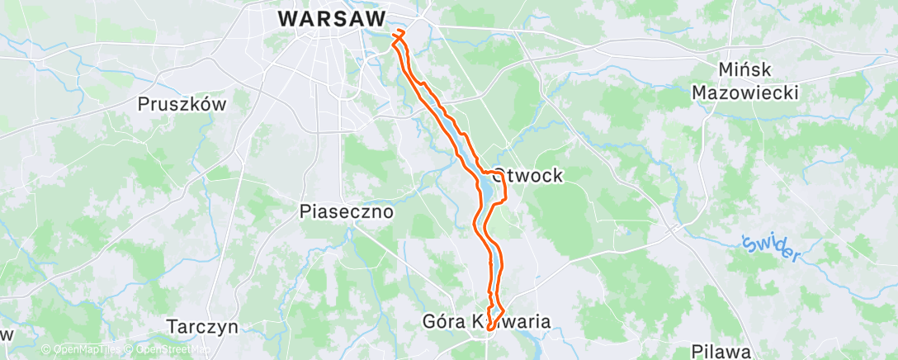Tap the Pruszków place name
(182, 105)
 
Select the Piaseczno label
(346, 212)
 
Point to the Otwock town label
(527, 175)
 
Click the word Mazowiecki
(745, 92)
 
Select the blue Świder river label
(771, 248)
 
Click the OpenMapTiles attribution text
(86, 350)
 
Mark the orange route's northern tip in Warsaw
(400, 31)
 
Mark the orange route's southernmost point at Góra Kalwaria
(489, 329)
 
